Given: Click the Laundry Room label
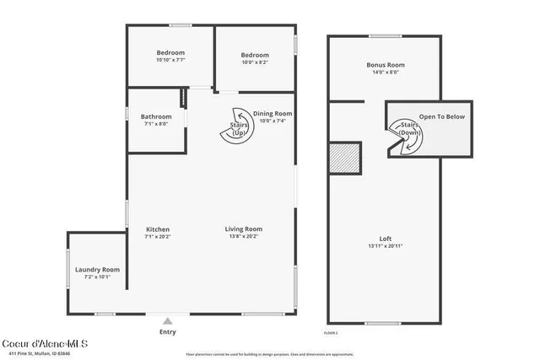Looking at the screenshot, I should click(x=97, y=270).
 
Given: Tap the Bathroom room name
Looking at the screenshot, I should click(x=156, y=116).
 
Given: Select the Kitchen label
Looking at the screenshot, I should click(x=158, y=229).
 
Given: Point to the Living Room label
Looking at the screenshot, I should click(x=244, y=229).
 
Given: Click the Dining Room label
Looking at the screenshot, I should click(x=273, y=114).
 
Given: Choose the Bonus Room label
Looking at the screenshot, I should click(x=385, y=65).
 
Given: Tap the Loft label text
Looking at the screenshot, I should click(x=385, y=239).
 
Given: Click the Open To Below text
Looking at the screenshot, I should click(x=442, y=116).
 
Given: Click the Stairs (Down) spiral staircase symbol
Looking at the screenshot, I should click(x=404, y=136).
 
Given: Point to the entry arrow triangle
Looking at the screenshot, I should click(x=168, y=321).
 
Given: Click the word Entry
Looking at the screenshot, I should click(x=168, y=332).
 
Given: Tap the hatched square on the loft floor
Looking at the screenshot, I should click(x=345, y=158).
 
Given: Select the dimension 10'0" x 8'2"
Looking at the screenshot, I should click(x=255, y=62).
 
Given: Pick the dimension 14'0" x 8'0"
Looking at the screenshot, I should click(x=385, y=73).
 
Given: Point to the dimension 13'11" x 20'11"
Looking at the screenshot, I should click(x=385, y=246).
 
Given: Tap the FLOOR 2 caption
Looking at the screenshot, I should click(x=331, y=334).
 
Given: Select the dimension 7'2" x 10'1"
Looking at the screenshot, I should click(x=97, y=277).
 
